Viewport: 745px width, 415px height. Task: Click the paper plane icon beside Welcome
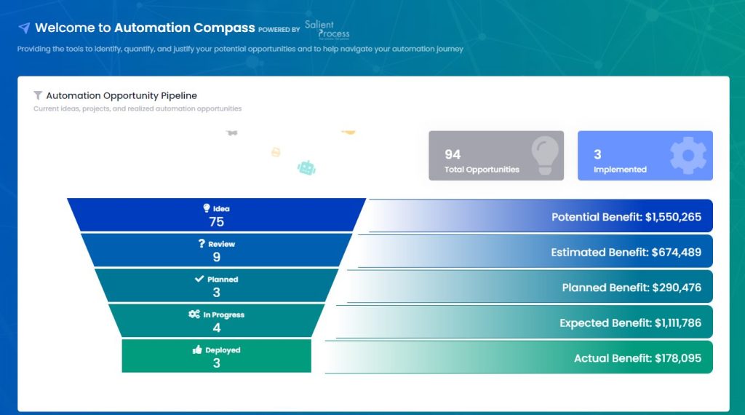coord(24,28)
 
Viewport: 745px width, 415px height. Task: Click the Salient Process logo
coord(327,29)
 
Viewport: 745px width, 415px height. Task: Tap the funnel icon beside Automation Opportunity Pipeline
coord(38,95)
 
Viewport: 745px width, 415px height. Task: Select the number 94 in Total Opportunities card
coord(453,154)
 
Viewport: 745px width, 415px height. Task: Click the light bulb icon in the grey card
coord(545,154)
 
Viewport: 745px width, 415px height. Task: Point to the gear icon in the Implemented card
coord(688,154)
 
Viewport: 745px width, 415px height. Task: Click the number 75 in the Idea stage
coord(216,222)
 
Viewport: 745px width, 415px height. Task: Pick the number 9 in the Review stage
coord(216,257)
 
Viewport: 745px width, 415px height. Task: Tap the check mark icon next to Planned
coord(199,279)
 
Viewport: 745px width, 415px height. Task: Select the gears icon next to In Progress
coord(194,315)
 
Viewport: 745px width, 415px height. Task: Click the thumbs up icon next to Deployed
coord(196,350)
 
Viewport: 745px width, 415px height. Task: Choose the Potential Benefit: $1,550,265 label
coord(626,217)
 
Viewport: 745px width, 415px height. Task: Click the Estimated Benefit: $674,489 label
coord(626,252)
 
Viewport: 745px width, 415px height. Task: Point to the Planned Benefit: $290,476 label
coord(632,288)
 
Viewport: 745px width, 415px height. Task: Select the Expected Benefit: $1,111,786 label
coord(630,323)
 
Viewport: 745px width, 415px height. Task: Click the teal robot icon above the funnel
coord(307,167)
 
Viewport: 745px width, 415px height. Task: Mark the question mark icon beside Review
coord(202,244)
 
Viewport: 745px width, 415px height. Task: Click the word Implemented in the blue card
coord(620,170)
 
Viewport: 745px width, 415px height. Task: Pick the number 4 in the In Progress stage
coord(216,328)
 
